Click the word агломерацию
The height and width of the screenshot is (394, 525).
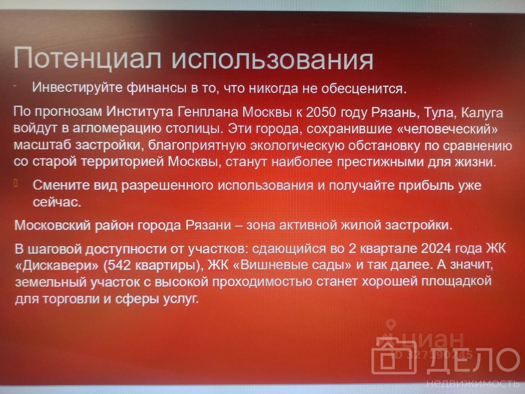pyautogui.click(x=117, y=129)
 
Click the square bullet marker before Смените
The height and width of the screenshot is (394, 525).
pyautogui.click(x=16, y=183)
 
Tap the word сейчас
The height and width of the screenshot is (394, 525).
pyautogui.click(x=57, y=202)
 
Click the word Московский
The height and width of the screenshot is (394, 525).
pyautogui.click(x=52, y=225)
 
